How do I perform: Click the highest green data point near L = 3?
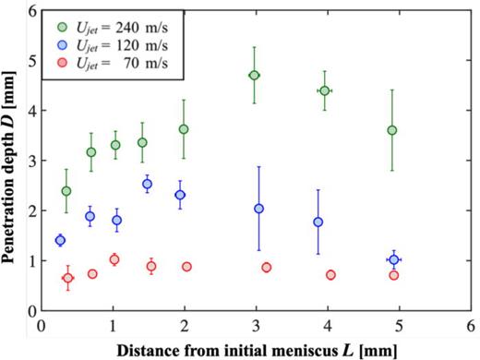click(255, 75)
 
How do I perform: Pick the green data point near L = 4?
click(324, 90)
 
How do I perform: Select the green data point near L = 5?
click(392, 130)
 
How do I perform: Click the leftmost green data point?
click(66, 191)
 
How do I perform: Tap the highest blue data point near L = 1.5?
click(147, 184)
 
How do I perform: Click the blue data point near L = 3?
click(259, 209)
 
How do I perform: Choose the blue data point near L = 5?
click(394, 259)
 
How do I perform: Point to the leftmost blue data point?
click(61, 240)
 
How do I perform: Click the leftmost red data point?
click(67, 278)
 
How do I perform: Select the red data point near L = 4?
click(330, 275)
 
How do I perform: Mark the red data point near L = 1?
click(114, 259)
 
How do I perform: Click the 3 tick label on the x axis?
click(256, 327)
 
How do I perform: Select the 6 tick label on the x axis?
click(471, 327)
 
